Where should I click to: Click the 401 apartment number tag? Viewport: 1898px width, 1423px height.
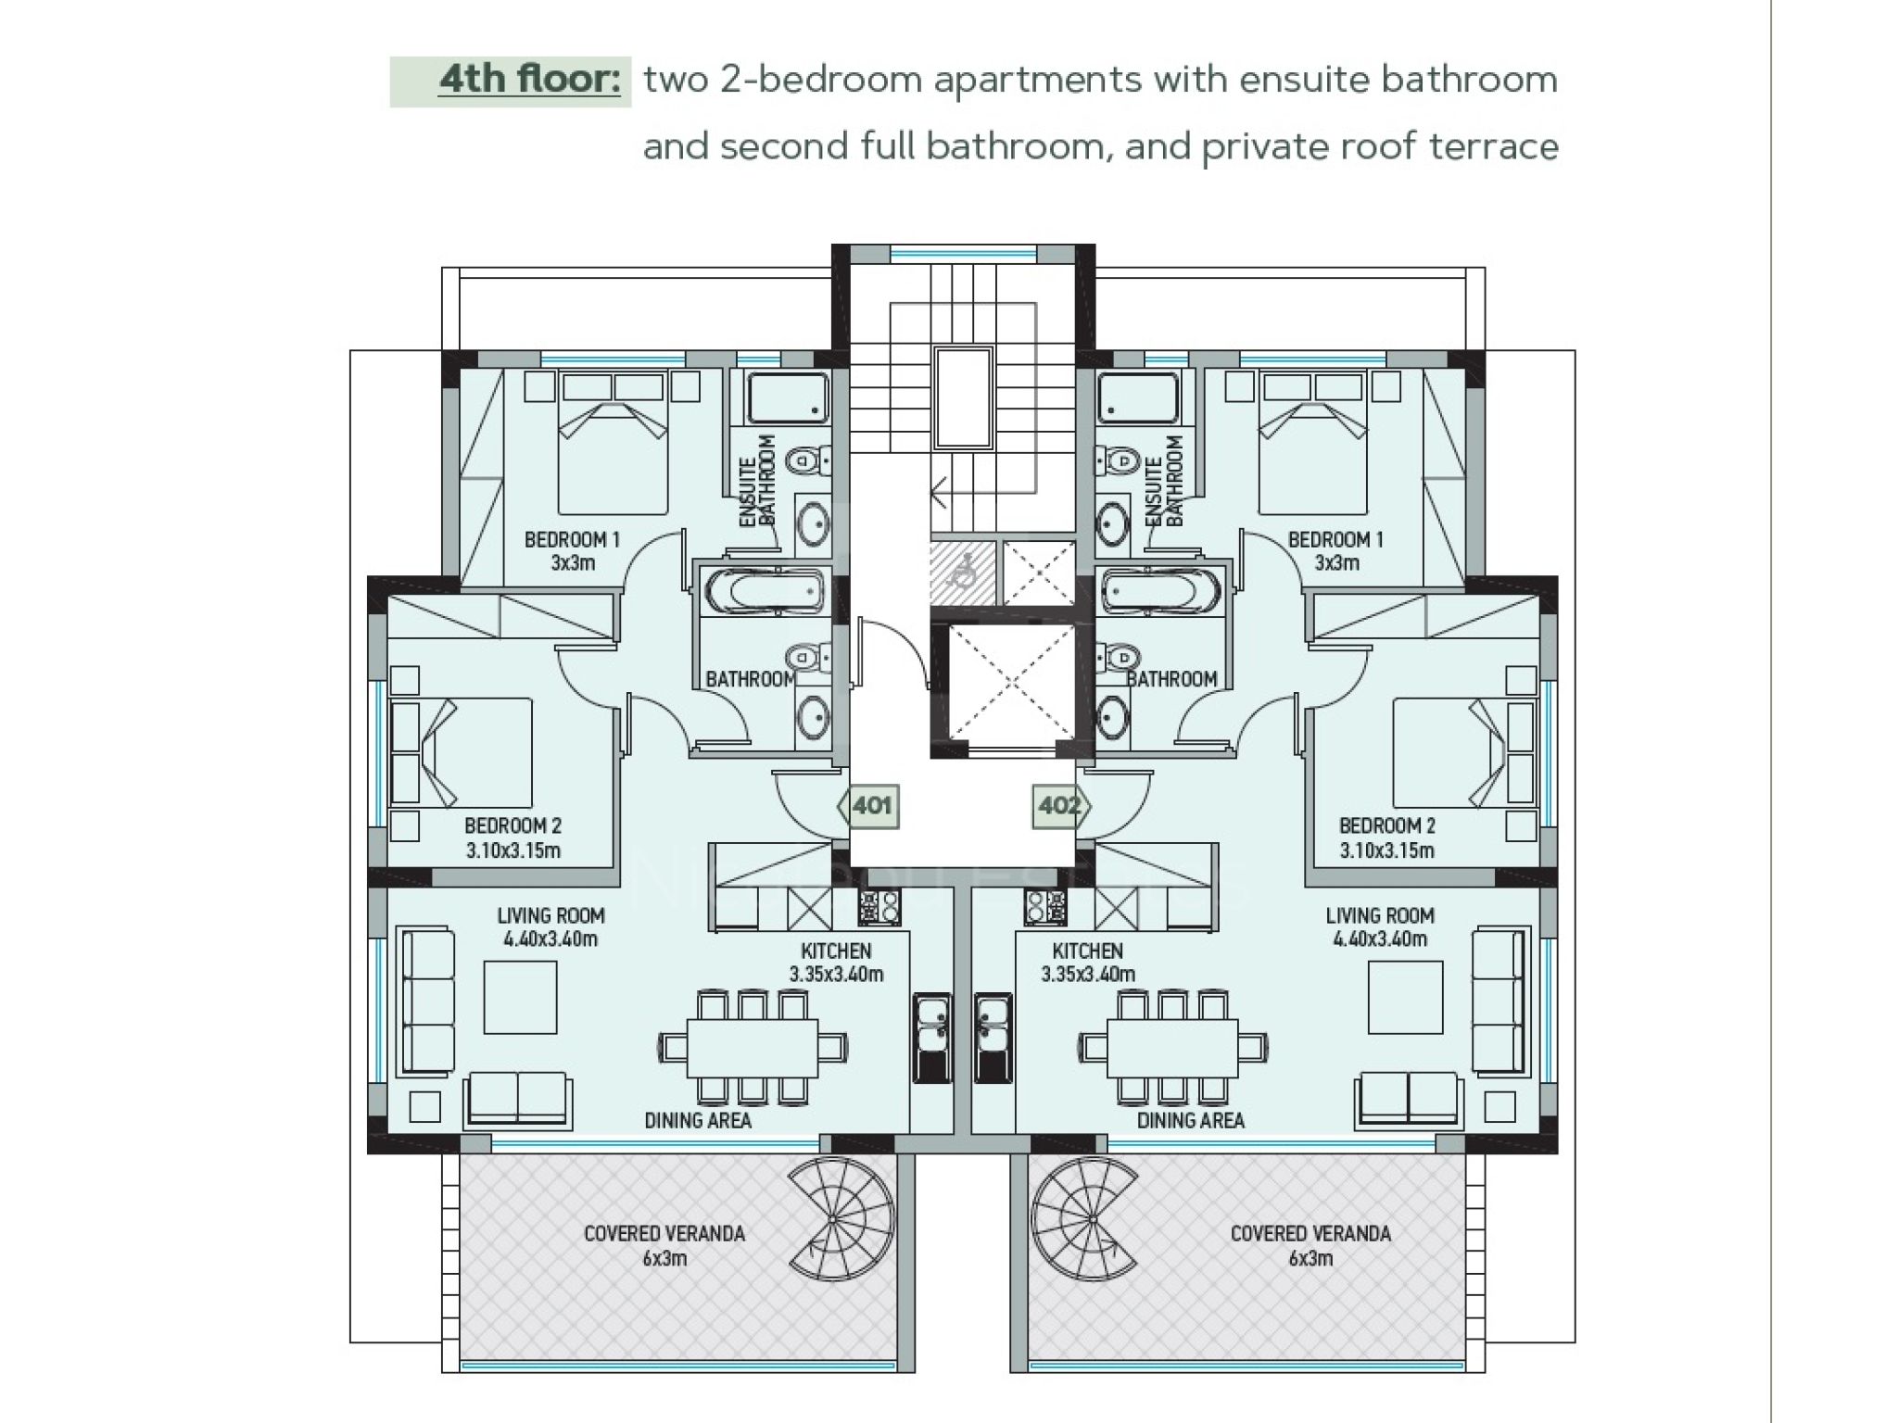point(868,806)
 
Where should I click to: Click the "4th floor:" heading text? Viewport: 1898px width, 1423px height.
point(529,80)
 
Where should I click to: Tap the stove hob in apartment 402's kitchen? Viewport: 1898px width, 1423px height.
point(1044,907)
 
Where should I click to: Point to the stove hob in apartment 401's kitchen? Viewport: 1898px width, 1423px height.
point(879,907)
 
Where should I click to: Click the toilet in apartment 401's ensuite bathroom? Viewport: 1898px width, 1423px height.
point(805,460)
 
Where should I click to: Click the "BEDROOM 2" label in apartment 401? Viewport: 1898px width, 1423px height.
point(512,825)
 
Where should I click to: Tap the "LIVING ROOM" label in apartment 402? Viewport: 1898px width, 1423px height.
point(1380,915)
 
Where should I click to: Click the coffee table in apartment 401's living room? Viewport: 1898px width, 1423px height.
point(520,997)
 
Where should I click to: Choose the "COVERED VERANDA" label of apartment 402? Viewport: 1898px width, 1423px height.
point(1310,1233)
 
